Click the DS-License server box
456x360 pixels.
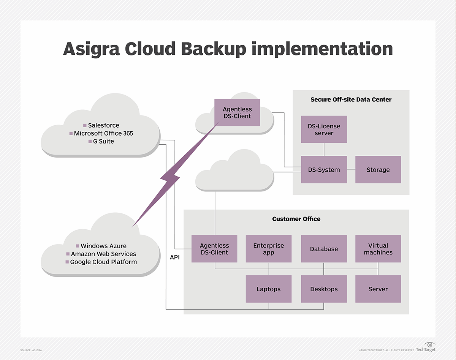pyautogui.click(x=324, y=129)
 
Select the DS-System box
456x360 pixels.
pyautogui.click(x=324, y=170)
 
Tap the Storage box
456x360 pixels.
pyautogui.click(x=378, y=170)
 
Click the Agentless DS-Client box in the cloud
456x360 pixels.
pyautogui.click(x=237, y=113)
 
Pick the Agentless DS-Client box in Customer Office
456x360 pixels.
pyautogui.click(x=214, y=249)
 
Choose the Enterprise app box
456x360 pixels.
pyautogui.click(x=269, y=249)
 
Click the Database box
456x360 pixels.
pyautogui.click(x=324, y=249)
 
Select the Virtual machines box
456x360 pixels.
pyautogui.click(x=378, y=249)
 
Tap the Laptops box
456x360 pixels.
pyautogui.click(x=269, y=289)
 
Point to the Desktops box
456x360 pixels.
pyautogui.click(x=324, y=289)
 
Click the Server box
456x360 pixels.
pyautogui.click(x=378, y=289)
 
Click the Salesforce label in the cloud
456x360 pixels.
pyautogui.click(x=103, y=125)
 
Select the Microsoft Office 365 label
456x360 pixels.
pyautogui.click(x=103, y=133)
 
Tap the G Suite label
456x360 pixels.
pyautogui.click(x=103, y=141)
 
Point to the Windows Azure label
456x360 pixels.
pyautogui.click(x=103, y=246)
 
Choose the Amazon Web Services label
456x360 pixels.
pyautogui.click(x=103, y=254)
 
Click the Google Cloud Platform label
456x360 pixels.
pyautogui.click(x=103, y=262)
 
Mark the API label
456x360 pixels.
pyautogui.click(x=175, y=257)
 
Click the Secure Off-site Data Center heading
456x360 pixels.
pyautogui.click(x=351, y=99)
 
